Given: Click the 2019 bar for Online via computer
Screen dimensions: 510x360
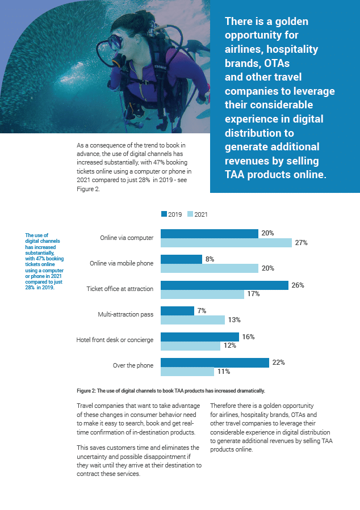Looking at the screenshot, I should tap(210, 234).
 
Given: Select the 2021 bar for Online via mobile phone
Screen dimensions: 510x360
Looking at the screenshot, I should tap(210, 268).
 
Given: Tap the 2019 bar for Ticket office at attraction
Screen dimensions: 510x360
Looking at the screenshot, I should tap(225, 285).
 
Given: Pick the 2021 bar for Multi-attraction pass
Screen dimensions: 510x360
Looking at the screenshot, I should tap(192, 320).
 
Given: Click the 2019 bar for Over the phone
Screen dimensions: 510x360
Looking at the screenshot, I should tap(215, 363).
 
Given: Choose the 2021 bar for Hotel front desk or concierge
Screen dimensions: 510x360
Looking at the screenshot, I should tap(190, 345).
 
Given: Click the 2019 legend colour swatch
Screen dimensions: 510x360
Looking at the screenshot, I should tap(164, 214).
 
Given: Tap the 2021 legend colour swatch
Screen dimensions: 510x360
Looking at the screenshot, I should tap(190, 214).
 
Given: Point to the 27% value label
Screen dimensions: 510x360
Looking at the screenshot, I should tap(301, 243).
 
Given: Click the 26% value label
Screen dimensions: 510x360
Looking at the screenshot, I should tap(298, 285).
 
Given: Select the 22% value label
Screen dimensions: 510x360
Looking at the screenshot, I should tap(278, 363).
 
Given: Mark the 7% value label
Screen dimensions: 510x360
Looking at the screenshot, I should tap(202, 311).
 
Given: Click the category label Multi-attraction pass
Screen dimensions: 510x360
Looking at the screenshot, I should tap(125, 314).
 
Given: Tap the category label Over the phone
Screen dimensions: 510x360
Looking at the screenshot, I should tap(133, 365).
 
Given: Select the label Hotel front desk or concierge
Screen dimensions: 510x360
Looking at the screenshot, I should tap(115, 340).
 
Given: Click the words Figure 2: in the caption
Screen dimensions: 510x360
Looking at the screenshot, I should tap(88, 391).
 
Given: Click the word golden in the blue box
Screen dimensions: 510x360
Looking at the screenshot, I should tap(289, 22).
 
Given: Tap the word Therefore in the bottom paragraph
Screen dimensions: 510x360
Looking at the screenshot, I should tap(225, 406).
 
